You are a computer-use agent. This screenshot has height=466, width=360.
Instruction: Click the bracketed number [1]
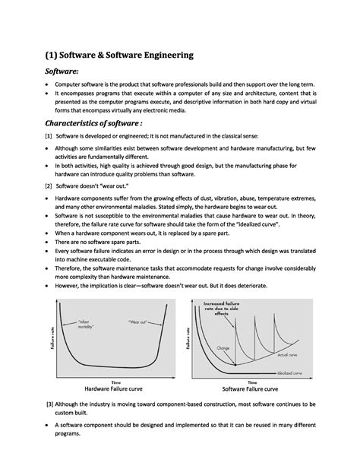click(49, 138)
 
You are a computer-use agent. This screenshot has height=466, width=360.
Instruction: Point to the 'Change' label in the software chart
click(223, 347)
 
